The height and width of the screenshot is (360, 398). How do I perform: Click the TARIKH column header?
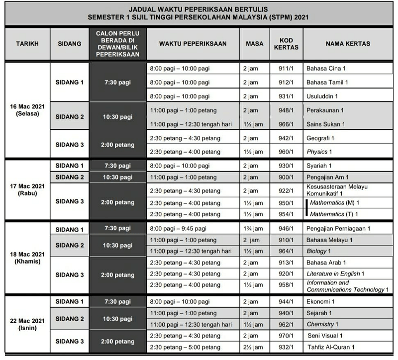(x=27, y=44)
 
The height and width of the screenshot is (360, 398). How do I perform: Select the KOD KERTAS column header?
(x=286, y=44)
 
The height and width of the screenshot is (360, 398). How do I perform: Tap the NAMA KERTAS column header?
(x=348, y=44)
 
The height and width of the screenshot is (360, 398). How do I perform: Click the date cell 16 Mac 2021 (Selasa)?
(x=27, y=110)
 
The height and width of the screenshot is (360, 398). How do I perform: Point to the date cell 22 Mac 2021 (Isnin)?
(x=27, y=324)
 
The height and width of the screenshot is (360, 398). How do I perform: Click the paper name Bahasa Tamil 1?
(x=327, y=83)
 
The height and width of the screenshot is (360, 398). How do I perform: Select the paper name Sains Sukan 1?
(x=326, y=124)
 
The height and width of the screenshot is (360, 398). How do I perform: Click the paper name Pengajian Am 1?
(x=327, y=178)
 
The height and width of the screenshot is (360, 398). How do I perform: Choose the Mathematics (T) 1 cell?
(x=334, y=214)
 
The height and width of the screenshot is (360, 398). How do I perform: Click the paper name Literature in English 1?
(x=336, y=273)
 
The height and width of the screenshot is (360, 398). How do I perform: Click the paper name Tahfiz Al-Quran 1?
(x=332, y=347)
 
